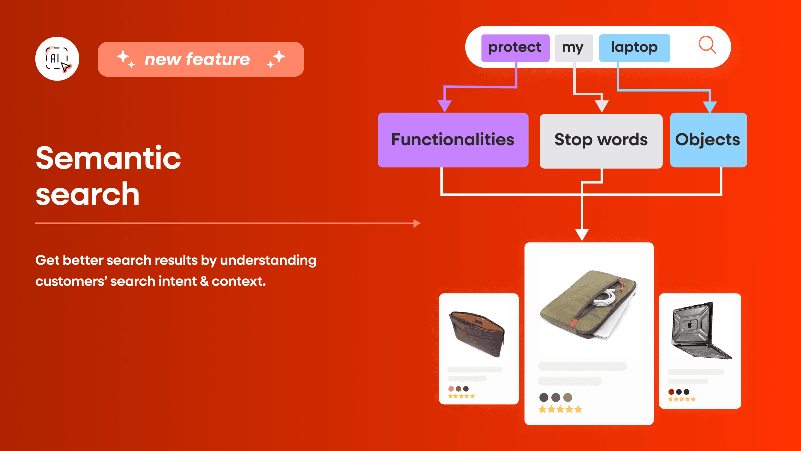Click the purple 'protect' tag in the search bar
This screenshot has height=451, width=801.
[x=515, y=48]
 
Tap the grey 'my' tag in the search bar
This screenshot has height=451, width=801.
[x=573, y=48]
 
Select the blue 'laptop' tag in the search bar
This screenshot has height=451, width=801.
[x=634, y=48]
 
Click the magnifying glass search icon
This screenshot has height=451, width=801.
[x=707, y=45]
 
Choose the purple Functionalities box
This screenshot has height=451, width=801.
[x=453, y=140]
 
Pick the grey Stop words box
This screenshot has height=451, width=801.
[x=601, y=140]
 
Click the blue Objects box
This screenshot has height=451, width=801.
[x=708, y=140]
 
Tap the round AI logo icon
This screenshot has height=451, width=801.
[x=57, y=59]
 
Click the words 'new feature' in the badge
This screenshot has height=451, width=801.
[x=197, y=59]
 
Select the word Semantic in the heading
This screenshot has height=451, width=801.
[x=108, y=158]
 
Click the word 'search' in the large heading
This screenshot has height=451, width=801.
[x=88, y=194]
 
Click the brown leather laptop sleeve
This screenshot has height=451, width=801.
[x=477, y=333]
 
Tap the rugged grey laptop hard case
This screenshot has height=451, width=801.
[x=699, y=331]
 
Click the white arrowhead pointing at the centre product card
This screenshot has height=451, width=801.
[x=582, y=234]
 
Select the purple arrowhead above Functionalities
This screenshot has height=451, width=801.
[x=445, y=106]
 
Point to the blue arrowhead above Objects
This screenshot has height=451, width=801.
[x=710, y=107]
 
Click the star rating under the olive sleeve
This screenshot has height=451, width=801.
[x=560, y=409]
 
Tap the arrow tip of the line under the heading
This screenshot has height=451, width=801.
[x=417, y=223]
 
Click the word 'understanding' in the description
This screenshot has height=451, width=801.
[x=268, y=260]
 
